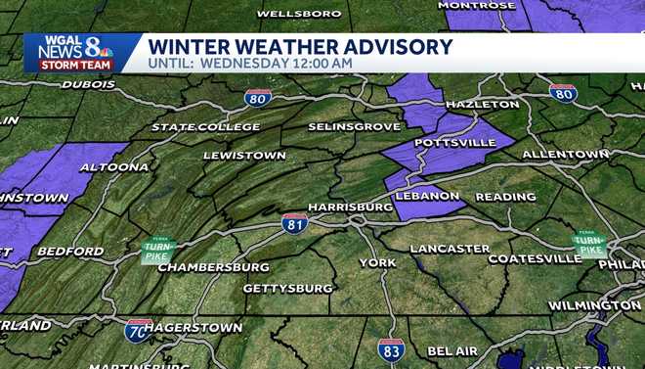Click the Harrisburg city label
point(350,208)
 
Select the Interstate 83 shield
point(391,349)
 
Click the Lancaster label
point(450,249)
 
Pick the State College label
point(206,127)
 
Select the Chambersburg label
point(213,266)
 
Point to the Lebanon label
point(428,196)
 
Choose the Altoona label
point(115,167)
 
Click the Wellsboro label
point(299,14)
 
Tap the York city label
point(377,262)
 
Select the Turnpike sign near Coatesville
point(589,245)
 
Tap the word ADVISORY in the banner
point(391,46)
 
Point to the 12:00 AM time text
point(321,64)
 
